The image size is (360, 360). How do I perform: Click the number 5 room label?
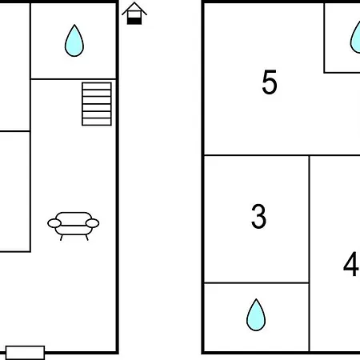tap(270, 82)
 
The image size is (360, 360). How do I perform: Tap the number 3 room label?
tap(258, 216)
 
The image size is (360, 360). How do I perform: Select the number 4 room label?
tap(351, 264)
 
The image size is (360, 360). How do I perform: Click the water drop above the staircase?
tap(74, 41)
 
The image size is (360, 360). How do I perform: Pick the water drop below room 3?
tap(256, 315)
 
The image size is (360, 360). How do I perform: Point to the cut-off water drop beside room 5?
tap(355, 38)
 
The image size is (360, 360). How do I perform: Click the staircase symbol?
tap(97, 104)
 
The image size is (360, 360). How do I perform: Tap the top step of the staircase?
tap(97, 86)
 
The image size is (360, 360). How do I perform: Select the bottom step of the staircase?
tap(97, 122)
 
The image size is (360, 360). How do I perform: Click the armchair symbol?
tap(74, 226)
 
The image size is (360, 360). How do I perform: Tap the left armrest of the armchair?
tap(54, 223)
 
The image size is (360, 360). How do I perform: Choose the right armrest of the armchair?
tap(92, 223)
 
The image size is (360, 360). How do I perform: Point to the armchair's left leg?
tap(62, 238)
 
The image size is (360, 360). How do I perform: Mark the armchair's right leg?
tap(86, 238)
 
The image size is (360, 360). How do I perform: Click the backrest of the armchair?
tap(74, 218)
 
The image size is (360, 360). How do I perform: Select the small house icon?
tap(134, 14)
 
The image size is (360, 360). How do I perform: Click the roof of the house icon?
tap(134, 8)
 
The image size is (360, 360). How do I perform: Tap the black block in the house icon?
tap(134, 21)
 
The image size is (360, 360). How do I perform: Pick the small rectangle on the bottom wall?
tap(25, 353)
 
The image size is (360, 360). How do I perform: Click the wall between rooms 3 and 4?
tap(310, 254)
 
